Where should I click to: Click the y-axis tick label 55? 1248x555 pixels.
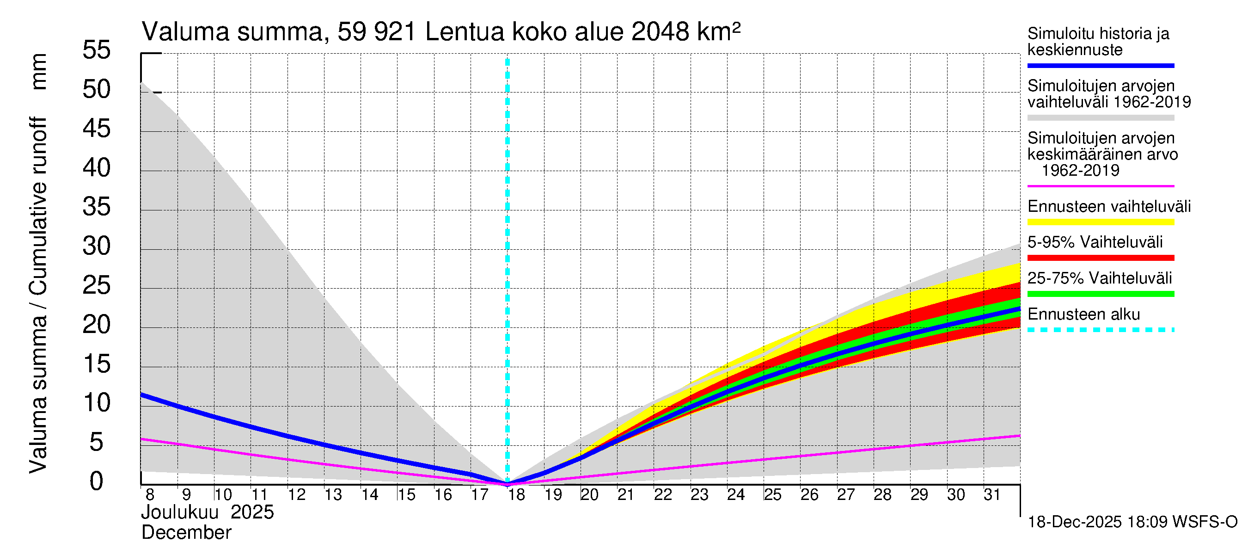coord(97,50)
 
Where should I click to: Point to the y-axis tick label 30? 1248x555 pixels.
coord(97,246)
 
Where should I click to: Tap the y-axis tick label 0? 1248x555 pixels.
coord(97,481)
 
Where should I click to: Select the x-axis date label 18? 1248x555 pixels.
coord(516,495)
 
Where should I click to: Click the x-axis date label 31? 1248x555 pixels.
coord(992,495)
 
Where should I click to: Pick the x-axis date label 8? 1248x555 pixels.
coord(150,495)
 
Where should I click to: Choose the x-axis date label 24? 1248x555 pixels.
coord(735,495)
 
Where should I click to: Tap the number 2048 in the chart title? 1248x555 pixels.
coord(660,32)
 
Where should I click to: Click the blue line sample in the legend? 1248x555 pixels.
coord(1100,65)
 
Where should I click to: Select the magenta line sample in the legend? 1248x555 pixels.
coord(1100,186)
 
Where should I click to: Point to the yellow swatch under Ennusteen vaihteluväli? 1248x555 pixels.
coord(1100,222)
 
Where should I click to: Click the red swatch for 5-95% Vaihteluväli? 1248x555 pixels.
coord(1100,258)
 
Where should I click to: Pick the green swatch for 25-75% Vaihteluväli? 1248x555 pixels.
coord(1100,294)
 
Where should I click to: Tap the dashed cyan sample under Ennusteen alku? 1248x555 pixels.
coord(1100,330)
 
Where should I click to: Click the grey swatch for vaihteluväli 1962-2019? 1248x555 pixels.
coord(1100,118)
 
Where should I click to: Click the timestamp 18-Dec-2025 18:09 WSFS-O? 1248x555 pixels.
coord(1132,522)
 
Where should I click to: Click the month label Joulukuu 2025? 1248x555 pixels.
coord(208,512)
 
